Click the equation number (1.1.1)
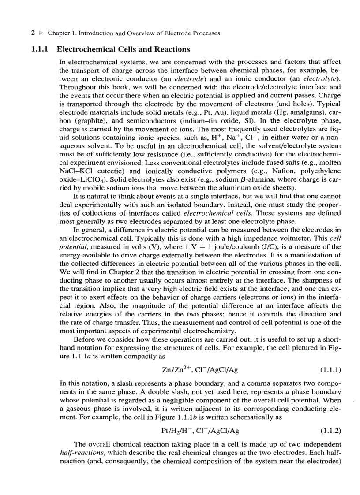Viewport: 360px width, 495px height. click(329, 368)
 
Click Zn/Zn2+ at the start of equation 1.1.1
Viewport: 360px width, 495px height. click(169, 368)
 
